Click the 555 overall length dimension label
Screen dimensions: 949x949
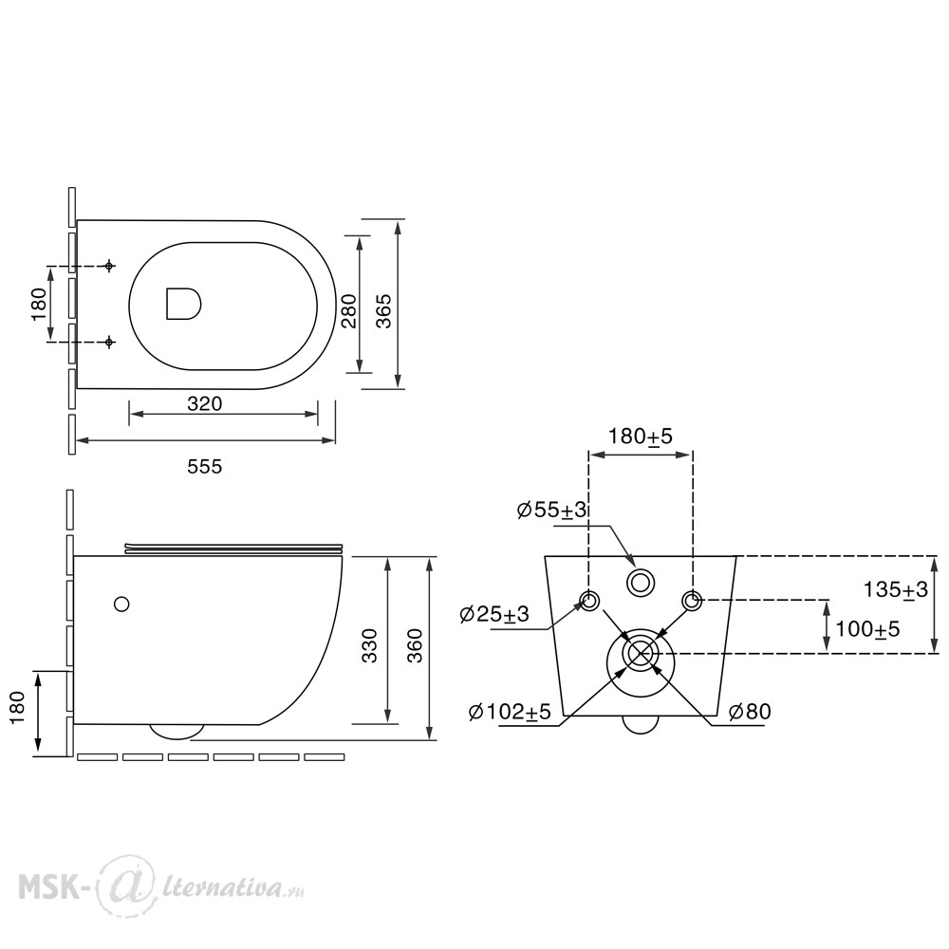(205, 467)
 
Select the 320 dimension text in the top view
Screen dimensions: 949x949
(205, 403)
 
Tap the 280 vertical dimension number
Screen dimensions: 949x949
(350, 310)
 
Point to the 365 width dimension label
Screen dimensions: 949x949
(384, 310)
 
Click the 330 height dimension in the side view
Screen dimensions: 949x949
(370, 645)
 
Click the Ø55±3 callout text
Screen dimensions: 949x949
(552, 510)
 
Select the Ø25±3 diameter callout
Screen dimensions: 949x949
(494, 614)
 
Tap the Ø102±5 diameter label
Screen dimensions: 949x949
(510, 712)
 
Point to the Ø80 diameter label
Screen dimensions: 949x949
(750, 712)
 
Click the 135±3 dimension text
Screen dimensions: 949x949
(895, 589)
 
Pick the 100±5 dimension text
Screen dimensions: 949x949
(867, 629)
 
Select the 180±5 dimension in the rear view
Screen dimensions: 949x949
(641, 436)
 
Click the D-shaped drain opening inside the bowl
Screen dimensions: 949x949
(183, 304)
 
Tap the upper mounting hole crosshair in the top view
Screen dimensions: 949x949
(109, 266)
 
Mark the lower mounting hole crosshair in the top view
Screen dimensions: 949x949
(109, 342)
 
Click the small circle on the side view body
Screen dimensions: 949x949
(121, 604)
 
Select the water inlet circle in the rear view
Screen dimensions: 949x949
(641, 583)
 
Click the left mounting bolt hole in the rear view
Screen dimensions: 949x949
(589, 601)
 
